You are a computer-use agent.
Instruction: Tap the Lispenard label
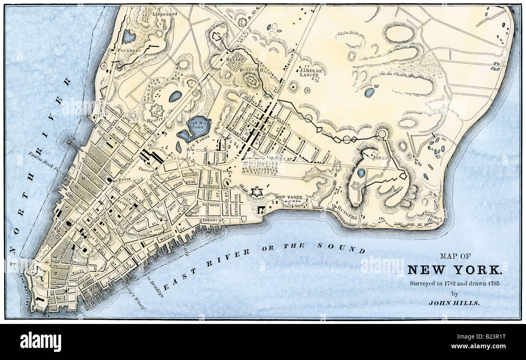164,14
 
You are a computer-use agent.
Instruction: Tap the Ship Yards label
288,197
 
